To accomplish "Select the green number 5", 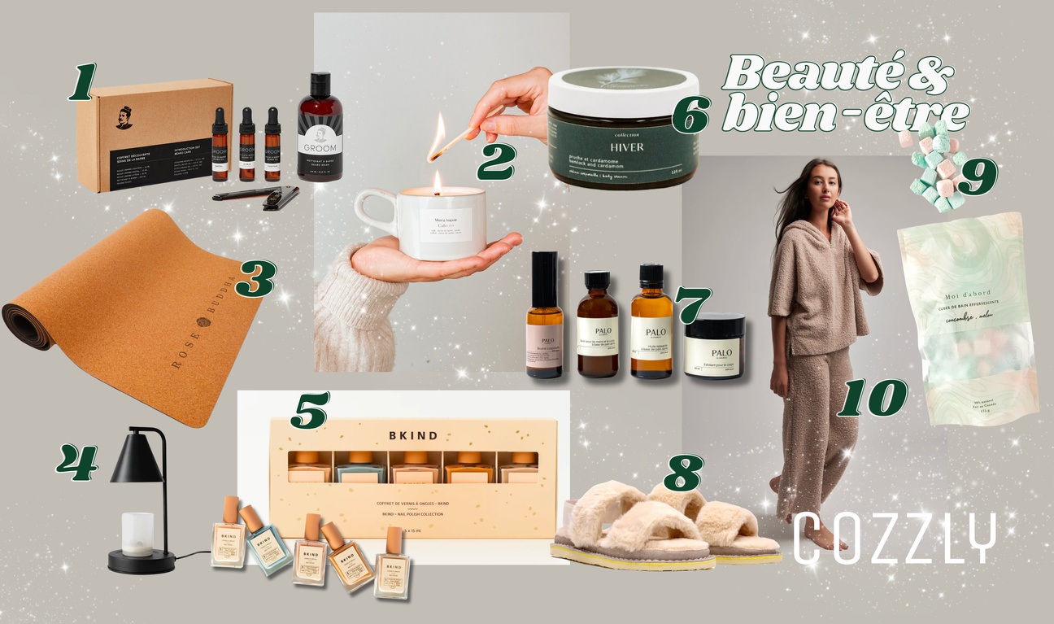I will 309,411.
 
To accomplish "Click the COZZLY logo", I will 894,537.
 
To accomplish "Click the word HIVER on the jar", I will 624,147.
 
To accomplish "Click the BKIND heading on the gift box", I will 412,435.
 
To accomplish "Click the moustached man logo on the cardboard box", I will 124,117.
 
